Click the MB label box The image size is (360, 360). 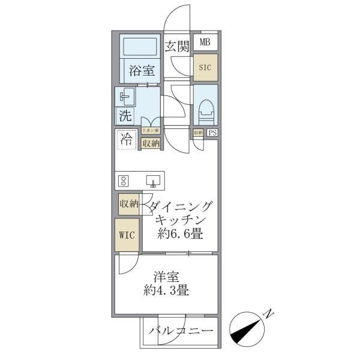(x=205, y=42)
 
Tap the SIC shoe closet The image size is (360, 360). (x=205, y=67)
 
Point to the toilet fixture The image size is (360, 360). (x=206, y=108)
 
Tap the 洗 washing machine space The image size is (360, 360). (x=125, y=116)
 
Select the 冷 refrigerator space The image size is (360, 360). (x=125, y=141)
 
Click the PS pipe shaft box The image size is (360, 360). (x=212, y=133)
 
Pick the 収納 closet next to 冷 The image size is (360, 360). (x=151, y=143)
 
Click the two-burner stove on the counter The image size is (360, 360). (x=124, y=179)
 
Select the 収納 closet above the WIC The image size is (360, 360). (x=128, y=204)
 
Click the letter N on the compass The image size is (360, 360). (x=269, y=313)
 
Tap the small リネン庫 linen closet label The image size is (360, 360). (x=150, y=130)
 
